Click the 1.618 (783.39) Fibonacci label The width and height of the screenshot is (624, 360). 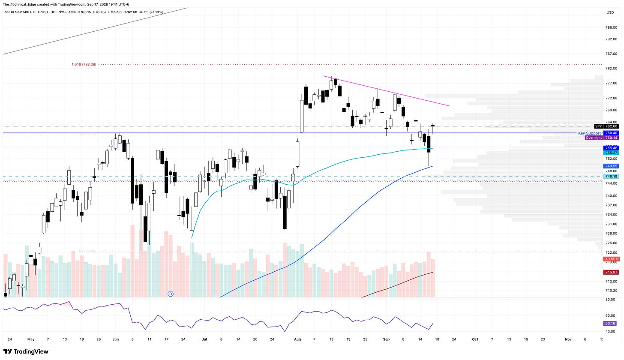[x=84, y=64]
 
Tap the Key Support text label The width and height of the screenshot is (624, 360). [x=589, y=133]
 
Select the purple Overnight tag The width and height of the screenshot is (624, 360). [x=594, y=138]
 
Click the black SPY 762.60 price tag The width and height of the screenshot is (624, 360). [x=606, y=126]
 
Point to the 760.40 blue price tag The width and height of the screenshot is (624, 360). [x=611, y=133]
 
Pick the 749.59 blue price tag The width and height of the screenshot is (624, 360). [x=611, y=166]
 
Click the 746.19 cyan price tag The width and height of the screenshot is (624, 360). [x=611, y=177]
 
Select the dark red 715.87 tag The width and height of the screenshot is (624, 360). [x=611, y=272]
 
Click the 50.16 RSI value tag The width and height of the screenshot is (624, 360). [x=610, y=323]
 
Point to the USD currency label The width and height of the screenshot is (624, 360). [x=610, y=12]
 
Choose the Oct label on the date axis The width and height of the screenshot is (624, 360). [x=475, y=339]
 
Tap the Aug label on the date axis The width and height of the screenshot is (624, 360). [x=297, y=339]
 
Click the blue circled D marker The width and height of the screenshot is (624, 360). [x=171, y=294]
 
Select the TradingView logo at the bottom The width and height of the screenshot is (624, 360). [x=26, y=351]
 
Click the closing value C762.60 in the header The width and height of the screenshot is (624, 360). [x=130, y=12]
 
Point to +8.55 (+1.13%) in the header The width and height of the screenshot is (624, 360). [x=151, y=12]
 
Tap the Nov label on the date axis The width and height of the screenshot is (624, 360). [x=568, y=339]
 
